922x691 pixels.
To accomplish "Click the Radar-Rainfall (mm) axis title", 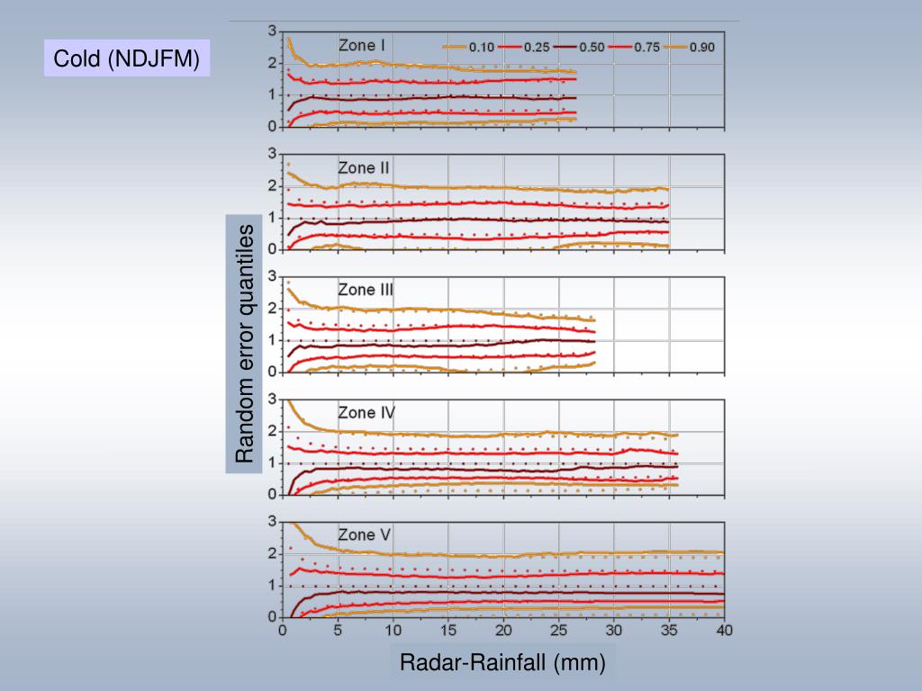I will tap(502, 663).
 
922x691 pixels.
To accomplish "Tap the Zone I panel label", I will tap(362, 45).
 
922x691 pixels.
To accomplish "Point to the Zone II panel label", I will tap(364, 167).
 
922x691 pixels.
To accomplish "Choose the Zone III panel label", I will tap(366, 290).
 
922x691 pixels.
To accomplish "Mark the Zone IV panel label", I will tap(366, 413).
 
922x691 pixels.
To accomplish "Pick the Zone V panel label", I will tap(364, 535).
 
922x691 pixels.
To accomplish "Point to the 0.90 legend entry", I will tap(701, 48).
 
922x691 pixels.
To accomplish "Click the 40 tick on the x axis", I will tap(724, 631).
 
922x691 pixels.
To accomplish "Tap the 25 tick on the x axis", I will tap(558, 631).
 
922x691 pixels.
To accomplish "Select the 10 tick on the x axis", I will tap(393, 631).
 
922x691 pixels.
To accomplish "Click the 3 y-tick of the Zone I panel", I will tap(273, 31).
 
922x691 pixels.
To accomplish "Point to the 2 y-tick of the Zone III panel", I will tap(273, 308).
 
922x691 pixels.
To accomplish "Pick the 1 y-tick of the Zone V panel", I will tap(273, 586).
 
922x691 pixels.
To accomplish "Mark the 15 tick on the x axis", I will tap(448, 631).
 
